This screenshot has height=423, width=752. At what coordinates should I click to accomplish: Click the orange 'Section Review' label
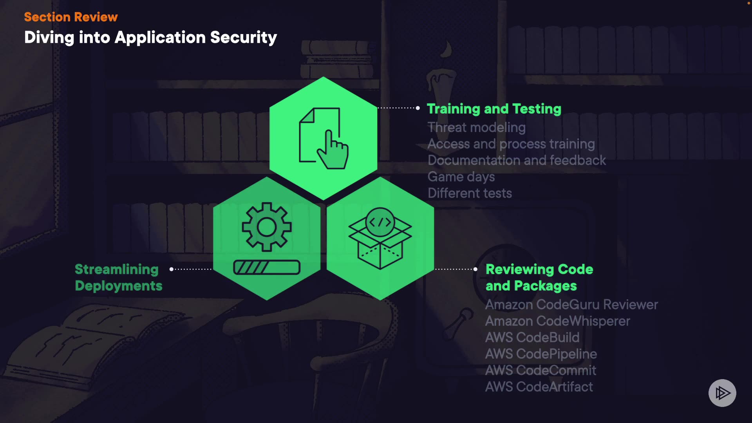click(71, 17)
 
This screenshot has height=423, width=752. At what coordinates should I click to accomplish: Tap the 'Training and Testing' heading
click(494, 108)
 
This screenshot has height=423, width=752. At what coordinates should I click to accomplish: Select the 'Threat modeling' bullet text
click(476, 127)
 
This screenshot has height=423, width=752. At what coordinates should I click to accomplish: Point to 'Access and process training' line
click(511, 144)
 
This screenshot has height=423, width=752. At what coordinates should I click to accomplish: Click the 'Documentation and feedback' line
click(517, 160)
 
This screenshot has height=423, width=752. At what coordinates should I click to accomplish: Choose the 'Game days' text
click(461, 177)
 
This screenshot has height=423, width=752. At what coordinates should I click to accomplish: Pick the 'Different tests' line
click(470, 193)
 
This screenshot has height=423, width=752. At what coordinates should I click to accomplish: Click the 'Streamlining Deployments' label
click(118, 277)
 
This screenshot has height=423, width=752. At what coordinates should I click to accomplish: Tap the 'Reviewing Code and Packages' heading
click(539, 277)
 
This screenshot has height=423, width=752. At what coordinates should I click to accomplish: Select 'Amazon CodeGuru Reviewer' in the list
click(571, 304)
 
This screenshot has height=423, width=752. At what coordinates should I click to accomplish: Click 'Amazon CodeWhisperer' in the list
click(557, 321)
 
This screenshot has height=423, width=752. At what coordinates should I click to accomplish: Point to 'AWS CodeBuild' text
click(532, 337)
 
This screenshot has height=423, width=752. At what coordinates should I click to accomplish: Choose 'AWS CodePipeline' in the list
click(541, 354)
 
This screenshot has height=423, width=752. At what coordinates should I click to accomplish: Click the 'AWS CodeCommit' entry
click(540, 370)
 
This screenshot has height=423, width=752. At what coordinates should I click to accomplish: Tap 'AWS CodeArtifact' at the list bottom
click(539, 387)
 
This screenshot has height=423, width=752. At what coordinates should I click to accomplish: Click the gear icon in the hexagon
click(267, 227)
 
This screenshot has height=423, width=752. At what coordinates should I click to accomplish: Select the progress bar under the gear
click(267, 268)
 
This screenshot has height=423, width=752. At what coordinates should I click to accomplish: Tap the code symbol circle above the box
click(380, 222)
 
